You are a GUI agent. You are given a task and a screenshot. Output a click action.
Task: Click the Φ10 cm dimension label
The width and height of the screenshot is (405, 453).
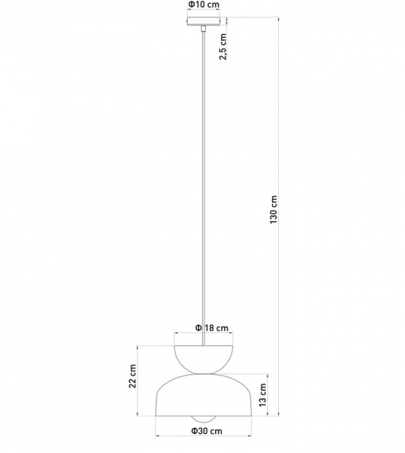204,4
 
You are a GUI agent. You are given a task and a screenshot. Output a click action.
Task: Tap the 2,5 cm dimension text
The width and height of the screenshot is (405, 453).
223,47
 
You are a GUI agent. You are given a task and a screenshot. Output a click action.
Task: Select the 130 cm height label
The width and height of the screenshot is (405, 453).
273,209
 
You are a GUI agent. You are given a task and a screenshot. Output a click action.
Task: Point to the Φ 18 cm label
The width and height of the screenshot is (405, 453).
212,328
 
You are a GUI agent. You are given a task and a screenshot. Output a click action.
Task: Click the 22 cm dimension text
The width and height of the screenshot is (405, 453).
132,376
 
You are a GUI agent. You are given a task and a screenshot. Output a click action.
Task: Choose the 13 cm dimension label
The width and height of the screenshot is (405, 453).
263,395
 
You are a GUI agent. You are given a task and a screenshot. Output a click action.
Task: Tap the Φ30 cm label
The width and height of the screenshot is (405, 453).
207,431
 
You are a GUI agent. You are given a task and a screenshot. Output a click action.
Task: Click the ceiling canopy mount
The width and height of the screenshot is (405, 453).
204,22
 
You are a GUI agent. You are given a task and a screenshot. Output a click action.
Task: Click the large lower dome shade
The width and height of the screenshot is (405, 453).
204,395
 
